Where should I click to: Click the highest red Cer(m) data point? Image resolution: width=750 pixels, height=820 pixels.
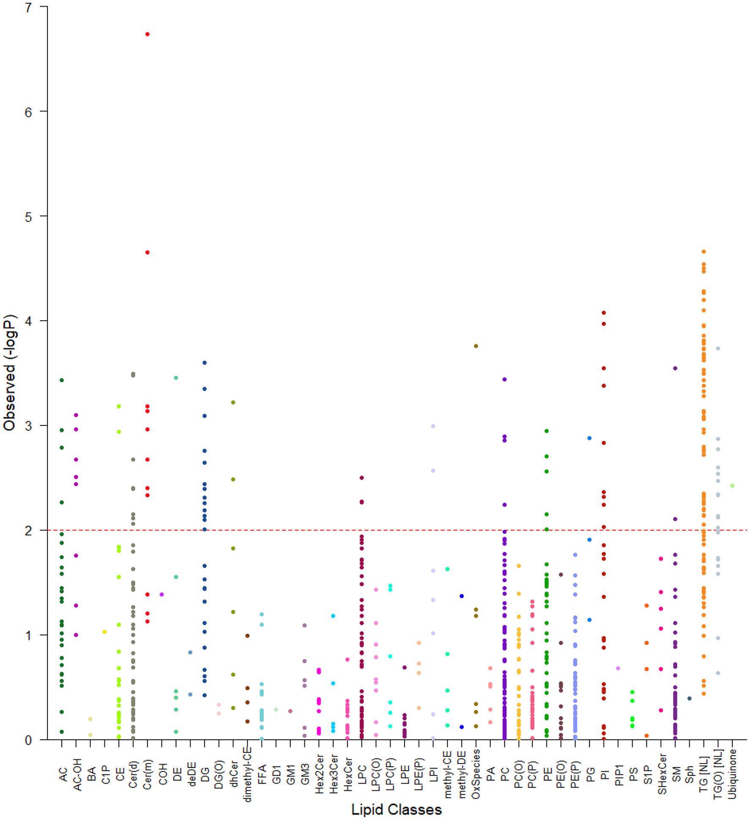tap(147, 34)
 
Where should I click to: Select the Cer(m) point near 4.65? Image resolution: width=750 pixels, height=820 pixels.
tap(147, 253)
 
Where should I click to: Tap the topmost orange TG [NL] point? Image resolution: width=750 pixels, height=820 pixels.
tap(703, 252)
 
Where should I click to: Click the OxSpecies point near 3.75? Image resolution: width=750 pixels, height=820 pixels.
tap(476, 346)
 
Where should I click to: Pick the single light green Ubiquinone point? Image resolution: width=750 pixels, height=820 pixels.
tap(732, 486)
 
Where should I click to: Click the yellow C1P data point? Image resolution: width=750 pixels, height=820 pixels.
tap(105, 632)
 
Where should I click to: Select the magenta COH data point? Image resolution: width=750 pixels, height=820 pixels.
tap(162, 594)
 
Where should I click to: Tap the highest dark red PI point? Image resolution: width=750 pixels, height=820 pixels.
tap(604, 313)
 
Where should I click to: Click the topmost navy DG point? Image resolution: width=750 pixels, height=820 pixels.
tap(204, 363)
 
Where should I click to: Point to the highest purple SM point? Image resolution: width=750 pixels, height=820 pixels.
tap(675, 368)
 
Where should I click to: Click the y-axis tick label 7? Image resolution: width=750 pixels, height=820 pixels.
tap(28, 7)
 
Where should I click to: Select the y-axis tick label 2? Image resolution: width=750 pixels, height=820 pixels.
tap(28, 531)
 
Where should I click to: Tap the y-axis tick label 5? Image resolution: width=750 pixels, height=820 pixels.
tap(28, 217)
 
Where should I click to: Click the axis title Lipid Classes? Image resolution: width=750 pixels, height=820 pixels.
tap(396, 810)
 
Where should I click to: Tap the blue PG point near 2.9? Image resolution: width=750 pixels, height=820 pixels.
tap(589, 438)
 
